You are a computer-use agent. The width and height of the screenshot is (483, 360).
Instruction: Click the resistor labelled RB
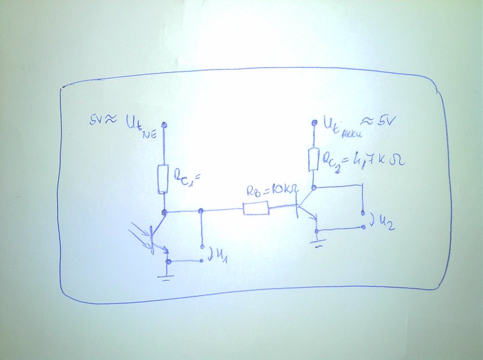tap(256, 208)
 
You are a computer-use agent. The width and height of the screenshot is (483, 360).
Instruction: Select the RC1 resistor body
tap(162, 179)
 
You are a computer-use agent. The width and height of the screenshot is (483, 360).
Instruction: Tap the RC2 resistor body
tap(314, 160)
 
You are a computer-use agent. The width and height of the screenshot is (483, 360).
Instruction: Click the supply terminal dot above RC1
tap(164, 124)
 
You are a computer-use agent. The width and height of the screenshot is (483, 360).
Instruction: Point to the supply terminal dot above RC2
tap(314, 123)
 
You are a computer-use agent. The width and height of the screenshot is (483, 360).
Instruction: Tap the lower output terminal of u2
tap(363, 227)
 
